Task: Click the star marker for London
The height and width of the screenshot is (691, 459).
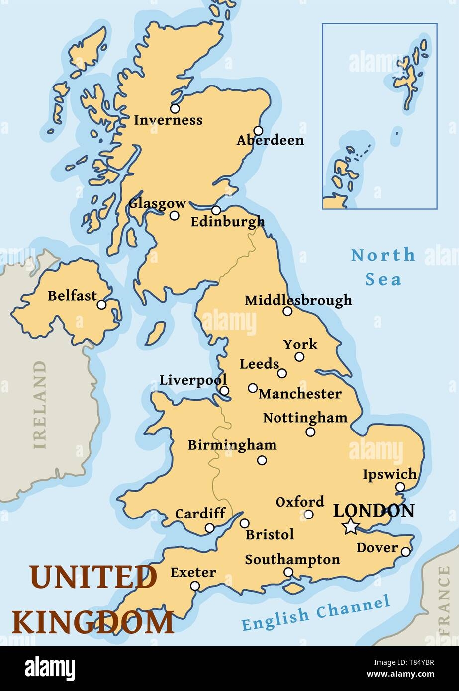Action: pyautogui.click(x=351, y=526)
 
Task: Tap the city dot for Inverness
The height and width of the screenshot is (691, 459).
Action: pyautogui.click(x=175, y=108)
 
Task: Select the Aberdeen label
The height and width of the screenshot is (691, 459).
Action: pyautogui.click(x=270, y=141)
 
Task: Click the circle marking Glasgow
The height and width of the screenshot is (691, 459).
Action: pyautogui.click(x=175, y=215)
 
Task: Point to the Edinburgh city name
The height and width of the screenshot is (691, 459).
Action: pyautogui.click(x=228, y=222)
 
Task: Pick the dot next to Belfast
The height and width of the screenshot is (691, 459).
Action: pyautogui.click(x=101, y=305)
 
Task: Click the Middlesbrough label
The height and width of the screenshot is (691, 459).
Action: pyautogui.click(x=298, y=300)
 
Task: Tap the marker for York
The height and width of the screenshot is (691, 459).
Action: pyautogui.click(x=299, y=356)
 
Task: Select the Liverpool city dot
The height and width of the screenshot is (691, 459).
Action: pyautogui.click(x=224, y=391)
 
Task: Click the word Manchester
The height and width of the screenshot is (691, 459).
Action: pyautogui.click(x=300, y=394)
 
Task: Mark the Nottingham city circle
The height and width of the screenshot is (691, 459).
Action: pyautogui.click(x=310, y=432)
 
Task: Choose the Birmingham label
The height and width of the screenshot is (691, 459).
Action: pyautogui.click(x=232, y=445)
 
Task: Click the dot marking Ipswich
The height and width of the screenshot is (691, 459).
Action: pyautogui.click(x=400, y=487)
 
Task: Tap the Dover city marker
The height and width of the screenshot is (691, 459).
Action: pyautogui.click(x=406, y=552)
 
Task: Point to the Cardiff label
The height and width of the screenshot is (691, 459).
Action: pyautogui.click(x=200, y=513)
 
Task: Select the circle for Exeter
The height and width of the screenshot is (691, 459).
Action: pyautogui.click(x=195, y=586)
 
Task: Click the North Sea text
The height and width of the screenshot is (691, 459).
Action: pyautogui.click(x=383, y=267)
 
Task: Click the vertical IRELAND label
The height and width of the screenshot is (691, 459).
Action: pyautogui.click(x=40, y=405)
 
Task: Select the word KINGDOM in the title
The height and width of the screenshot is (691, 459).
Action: pyautogui.click(x=92, y=622)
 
